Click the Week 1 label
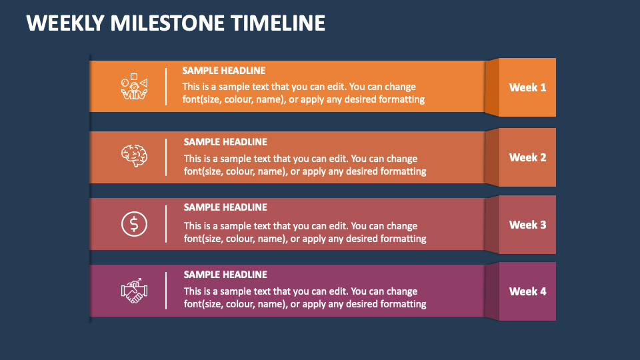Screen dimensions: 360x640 527,87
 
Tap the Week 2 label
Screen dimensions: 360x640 527,157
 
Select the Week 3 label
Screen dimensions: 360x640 527,225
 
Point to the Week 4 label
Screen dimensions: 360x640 527,291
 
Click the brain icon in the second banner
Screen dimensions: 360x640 134,156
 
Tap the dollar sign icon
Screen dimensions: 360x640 134,224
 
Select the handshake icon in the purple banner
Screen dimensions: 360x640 134,291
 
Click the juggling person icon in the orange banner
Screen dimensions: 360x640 134,87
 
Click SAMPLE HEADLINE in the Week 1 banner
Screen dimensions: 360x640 224,71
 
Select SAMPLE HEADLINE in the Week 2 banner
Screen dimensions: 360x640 225,141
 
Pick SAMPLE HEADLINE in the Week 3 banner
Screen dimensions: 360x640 225,207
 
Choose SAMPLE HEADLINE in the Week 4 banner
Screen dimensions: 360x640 225,274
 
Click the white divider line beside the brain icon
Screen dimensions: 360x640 166,157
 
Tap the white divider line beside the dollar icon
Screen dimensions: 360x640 166,224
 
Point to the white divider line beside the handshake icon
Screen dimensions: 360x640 166,291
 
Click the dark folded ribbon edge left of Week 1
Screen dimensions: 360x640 492,87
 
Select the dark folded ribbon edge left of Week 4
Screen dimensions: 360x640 492,291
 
